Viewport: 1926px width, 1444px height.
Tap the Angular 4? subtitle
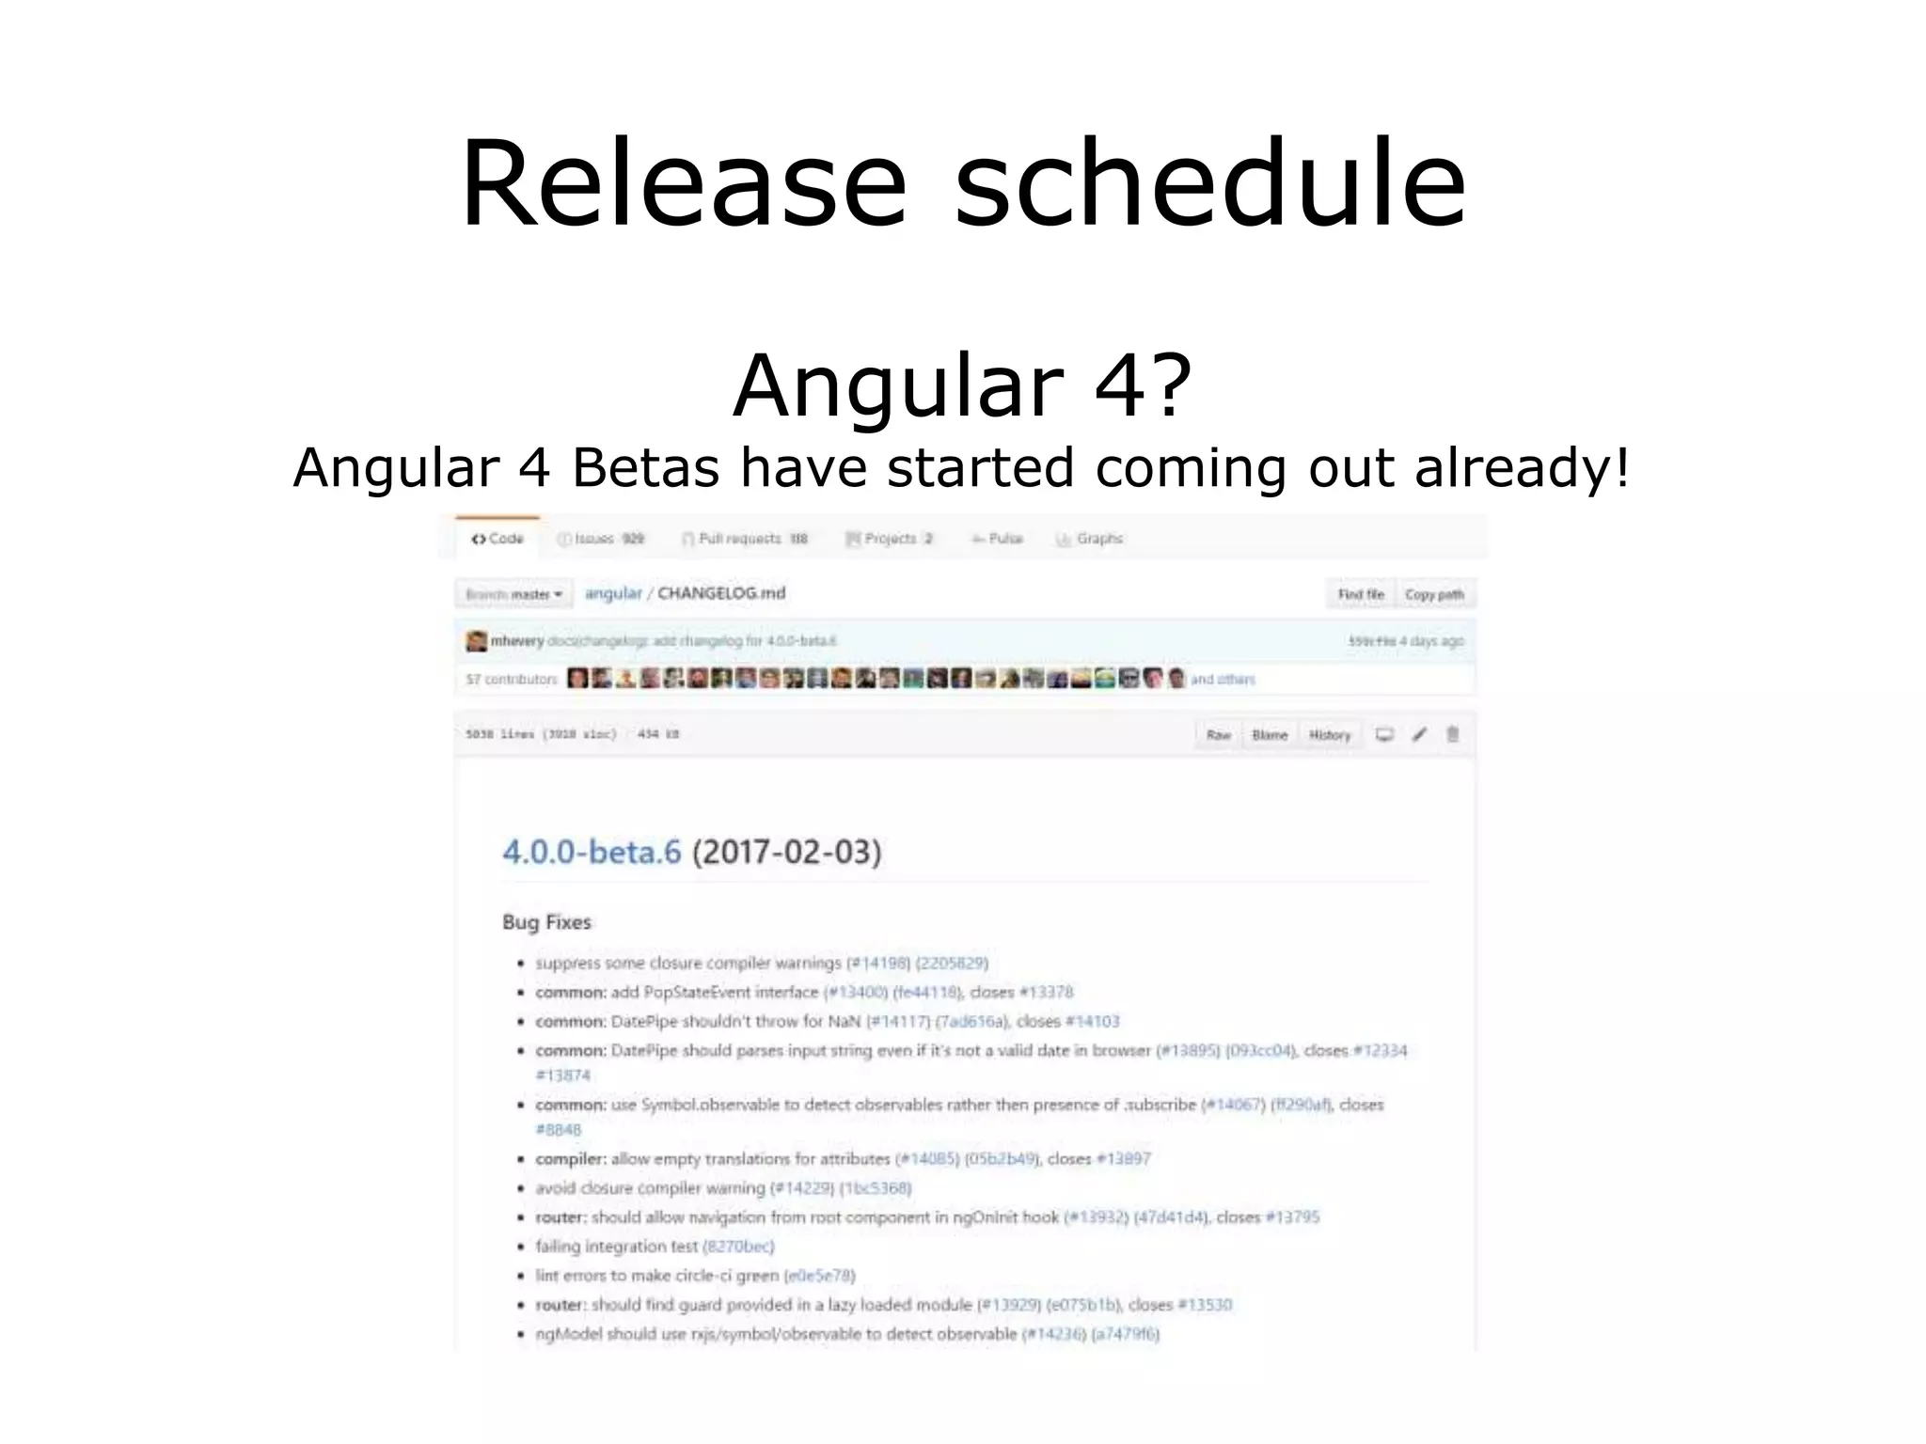click(x=962, y=385)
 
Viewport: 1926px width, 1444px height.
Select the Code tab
click(x=497, y=539)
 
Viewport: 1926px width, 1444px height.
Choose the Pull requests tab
click(x=744, y=539)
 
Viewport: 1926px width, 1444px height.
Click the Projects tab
click(x=889, y=539)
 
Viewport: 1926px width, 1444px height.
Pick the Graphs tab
click(x=1090, y=539)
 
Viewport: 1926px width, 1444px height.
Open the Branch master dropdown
click(x=514, y=594)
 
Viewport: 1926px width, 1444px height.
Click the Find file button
click(x=1361, y=594)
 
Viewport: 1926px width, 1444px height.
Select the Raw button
click(x=1218, y=735)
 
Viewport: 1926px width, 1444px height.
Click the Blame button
click(x=1270, y=735)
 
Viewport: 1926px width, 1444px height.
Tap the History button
click(x=1329, y=735)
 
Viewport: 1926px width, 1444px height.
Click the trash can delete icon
click(x=1452, y=734)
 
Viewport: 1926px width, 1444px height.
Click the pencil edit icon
click(x=1419, y=734)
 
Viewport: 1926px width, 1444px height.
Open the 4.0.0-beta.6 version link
click(x=592, y=852)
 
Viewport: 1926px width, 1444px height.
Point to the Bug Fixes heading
click(x=546, y=922)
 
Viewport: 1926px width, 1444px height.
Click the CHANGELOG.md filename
click(x=721, y=593)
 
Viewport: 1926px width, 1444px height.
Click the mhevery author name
click(x=517, y=641)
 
